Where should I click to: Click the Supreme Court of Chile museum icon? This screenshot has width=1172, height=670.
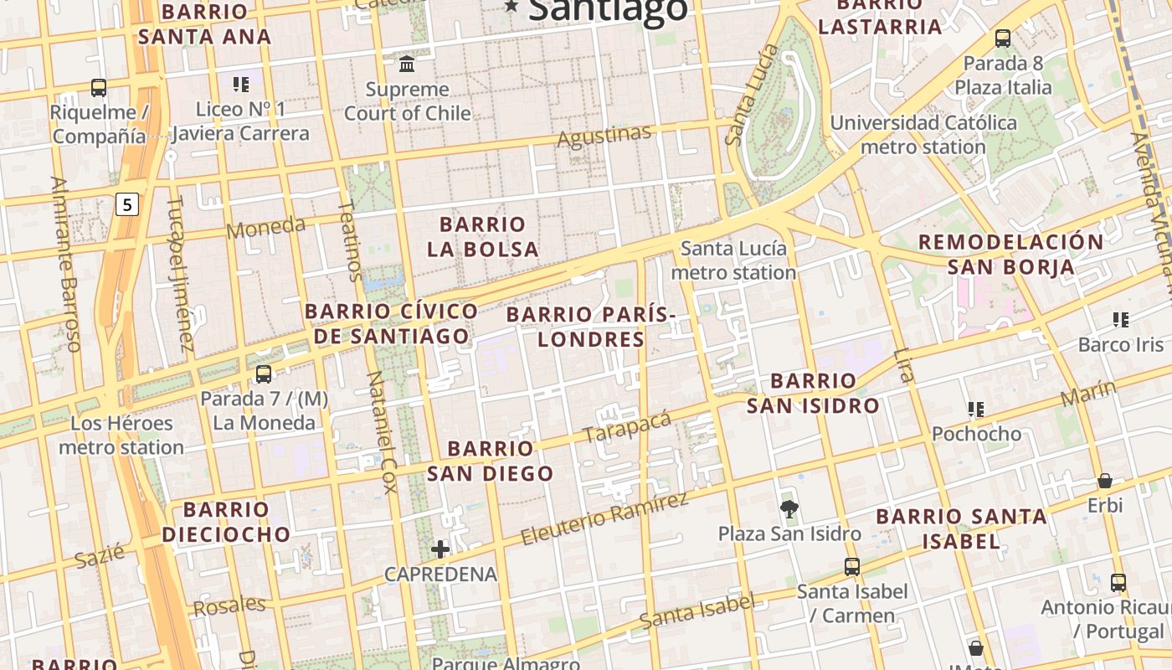[407, 64]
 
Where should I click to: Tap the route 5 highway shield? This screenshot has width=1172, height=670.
[127, 204]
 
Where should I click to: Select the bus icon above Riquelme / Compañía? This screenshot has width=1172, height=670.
[99, 87]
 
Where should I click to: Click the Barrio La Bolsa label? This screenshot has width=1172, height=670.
[483, 237]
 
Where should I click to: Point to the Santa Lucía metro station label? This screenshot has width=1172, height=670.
[733, 260]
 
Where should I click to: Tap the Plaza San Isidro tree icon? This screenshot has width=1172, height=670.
[789, 508]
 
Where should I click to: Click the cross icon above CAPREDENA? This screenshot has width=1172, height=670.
[440, 549]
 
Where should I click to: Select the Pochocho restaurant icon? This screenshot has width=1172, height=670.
[975, 410]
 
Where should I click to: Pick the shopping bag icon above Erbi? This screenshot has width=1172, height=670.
[1105, 481]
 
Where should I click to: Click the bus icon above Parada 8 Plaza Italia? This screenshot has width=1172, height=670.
[1002, 38]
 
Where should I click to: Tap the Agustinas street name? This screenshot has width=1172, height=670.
[604, 135]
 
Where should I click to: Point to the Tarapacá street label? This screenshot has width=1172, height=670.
[627, 426]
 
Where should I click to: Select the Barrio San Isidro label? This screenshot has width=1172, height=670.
[813, 394]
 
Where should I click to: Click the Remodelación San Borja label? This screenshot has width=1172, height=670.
[1011, 255]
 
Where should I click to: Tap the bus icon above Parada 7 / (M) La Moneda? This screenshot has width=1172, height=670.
[264, 374]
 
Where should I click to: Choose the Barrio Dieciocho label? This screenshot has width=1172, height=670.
[226, 522]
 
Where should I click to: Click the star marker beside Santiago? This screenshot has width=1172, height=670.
[511, 6]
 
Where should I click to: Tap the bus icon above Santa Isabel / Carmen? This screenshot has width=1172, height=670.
[852, 567]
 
